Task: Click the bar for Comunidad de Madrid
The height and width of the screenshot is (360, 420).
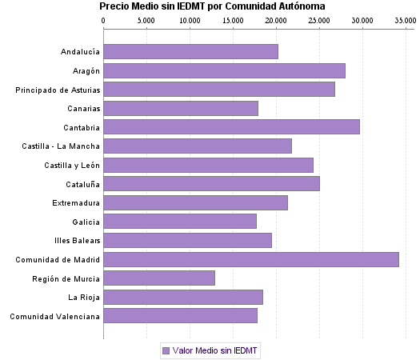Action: click(251, 259)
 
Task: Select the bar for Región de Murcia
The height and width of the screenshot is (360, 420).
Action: click(159, 278)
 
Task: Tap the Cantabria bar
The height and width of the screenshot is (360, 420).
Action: click(231, 126)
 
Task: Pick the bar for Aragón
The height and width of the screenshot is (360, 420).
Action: click(224, 71)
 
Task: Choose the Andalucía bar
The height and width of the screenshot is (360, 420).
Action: click(190, 52)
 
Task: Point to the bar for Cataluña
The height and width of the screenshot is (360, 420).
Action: click(211, 184)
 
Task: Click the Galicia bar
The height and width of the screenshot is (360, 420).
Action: click(180, 222)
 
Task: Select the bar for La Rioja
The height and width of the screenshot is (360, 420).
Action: click(183, 298)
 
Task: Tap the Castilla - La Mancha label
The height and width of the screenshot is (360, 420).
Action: click(62, 146)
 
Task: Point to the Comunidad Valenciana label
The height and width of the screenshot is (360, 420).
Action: click(55, 317)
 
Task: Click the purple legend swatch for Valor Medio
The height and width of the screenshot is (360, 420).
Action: click(166, 350)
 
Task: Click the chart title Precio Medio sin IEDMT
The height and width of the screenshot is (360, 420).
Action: click(212, 6)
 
